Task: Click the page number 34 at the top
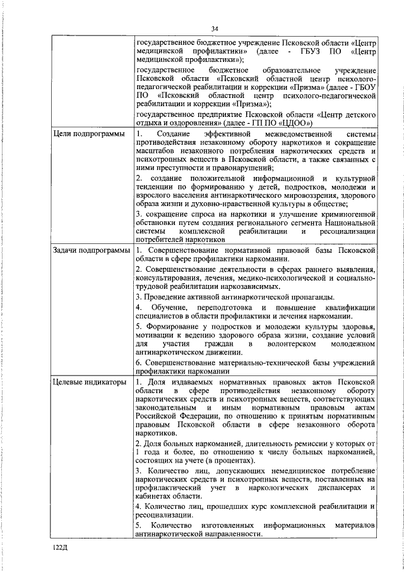pos(215,29)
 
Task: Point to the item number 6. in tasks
pos(140,363)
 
